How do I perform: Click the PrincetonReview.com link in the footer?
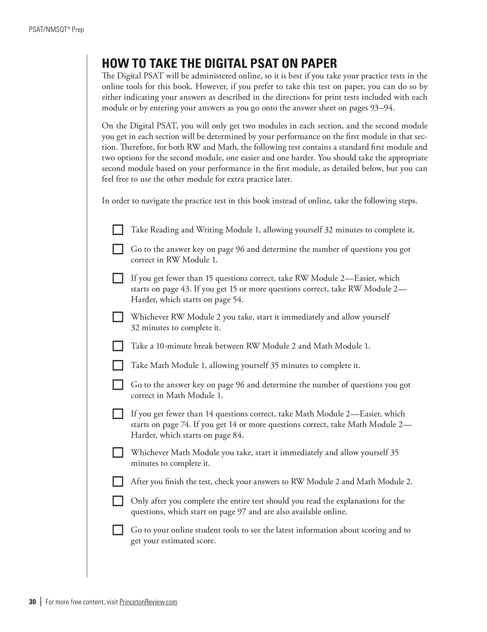pyautogui.click(x=148, y=602)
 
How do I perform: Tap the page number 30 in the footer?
pyautogui.click(x=32, y=602)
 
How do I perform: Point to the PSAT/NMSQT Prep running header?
pyautogui.click(x=56, y=30)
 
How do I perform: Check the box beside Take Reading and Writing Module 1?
pyautogui.click(x=118, y=230)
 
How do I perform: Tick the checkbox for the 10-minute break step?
pyautogui.click(x=118, y=346)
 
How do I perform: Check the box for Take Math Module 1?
pyautogui.click(x=118, y=365)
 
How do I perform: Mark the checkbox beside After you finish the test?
pyautogui.click(x=118, y=481)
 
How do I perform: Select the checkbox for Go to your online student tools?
pyautogui.click(x=118, y=530)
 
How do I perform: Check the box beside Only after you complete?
pyautogui.click(x=118, y=501)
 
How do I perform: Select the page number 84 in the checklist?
pyautogui.click(x=238, y=435)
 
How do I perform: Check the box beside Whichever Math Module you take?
pyautogui.click(x=118, y=453)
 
